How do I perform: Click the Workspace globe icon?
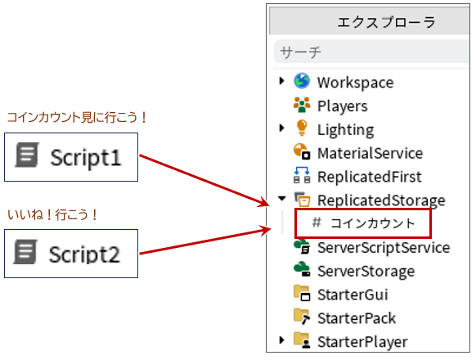(x=302, y=81)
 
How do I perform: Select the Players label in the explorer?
(x=343, y=106)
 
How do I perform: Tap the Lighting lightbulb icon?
(x=302, y=128)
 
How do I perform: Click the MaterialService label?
(x=370, y=153)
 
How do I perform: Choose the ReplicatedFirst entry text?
(x=370, y=177)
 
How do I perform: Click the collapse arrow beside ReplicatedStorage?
(x=282, y=199)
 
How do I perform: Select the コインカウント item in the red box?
(x=373, y=223)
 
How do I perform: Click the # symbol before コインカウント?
(x=317, y=223)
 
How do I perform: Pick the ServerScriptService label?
(x=384, y=248)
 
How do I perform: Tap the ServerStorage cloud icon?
(x=302, y=269)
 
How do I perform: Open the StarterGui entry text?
(x=353, y=295)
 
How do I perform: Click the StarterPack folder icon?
(x=302, y=317)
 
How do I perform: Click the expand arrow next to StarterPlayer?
(x=281, y=340)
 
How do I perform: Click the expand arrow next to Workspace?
(x=281, y=81)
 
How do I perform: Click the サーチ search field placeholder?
(x=300, y=52)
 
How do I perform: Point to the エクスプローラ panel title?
(x=387, y=22)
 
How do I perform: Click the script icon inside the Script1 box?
(x=27, y=155)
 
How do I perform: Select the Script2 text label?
(x=84, y=254)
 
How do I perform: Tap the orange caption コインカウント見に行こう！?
(x=77, y=117)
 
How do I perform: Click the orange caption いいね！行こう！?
(x=52, y=214)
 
